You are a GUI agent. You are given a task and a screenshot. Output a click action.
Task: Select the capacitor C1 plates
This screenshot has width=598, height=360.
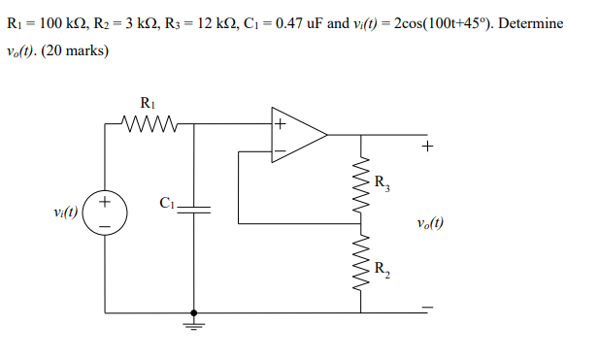click(x=195, y=210)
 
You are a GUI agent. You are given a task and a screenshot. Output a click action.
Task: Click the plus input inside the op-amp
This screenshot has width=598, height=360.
click(x=280, y=125)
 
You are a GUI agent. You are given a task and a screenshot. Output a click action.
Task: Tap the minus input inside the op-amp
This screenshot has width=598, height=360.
click(x=280, y=151)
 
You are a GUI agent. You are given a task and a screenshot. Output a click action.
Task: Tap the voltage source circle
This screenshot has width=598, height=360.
click(x=104, y=214)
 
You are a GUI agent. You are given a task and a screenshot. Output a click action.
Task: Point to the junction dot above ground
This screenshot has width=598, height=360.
click(x=195, y=313)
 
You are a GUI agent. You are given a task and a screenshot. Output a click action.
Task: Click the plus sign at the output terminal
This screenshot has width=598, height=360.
click(x=428, y=147)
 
